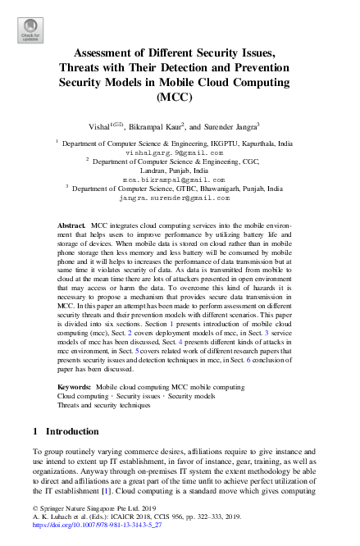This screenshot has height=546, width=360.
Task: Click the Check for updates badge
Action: pyautogui.click(x=30, y=30)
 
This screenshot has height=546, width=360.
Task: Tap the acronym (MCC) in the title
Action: pyautogui.click(x=180, y=98)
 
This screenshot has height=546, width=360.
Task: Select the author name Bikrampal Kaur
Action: pyautogui.click(x=152, y=125)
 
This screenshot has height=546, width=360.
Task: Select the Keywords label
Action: pyautogui.click(x=75, y=384)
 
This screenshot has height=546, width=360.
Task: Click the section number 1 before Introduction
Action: pyautogui.click(x=35, y=430)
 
